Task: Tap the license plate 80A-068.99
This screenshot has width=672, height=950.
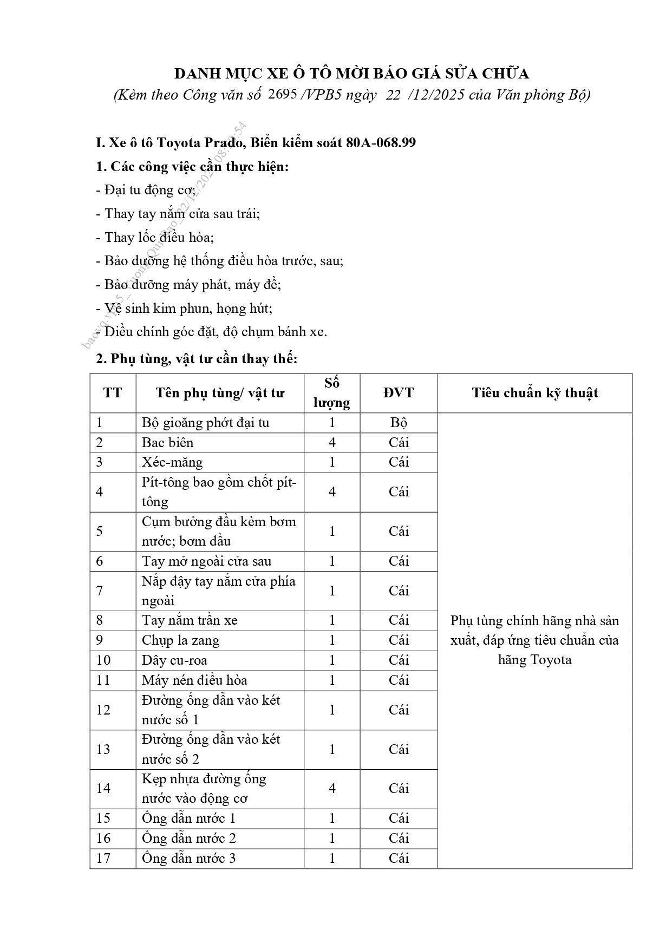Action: click(381, 142)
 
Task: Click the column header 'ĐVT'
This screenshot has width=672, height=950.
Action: click(399, 393)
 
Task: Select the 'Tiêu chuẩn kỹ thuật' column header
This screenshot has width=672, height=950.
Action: click(534, 393)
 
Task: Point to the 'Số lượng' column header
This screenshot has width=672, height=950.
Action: click(331, 393)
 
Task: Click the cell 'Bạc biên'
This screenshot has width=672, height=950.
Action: click(168, 442)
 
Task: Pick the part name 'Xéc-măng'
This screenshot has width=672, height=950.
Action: click(172, 462)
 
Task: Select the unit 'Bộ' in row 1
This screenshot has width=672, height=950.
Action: click(399, 423)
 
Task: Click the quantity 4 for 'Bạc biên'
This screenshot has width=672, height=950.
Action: click(332, 442)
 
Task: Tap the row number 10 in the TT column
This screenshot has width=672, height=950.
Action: click(103, 660)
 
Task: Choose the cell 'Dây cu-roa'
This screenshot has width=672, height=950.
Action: click(174, 660)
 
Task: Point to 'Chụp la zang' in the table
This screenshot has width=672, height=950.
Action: click(180, 640)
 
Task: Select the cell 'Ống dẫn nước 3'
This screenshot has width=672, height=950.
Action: click(188, 858)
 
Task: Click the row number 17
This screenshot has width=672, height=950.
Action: click(103, 858)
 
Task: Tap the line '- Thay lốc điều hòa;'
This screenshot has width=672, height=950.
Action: click(155, 237)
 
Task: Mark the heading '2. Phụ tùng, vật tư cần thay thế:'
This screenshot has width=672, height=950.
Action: click(197, 358)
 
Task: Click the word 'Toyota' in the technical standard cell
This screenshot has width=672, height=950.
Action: click(551, 660)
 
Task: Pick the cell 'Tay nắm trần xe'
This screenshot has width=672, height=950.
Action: click(190, 620)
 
